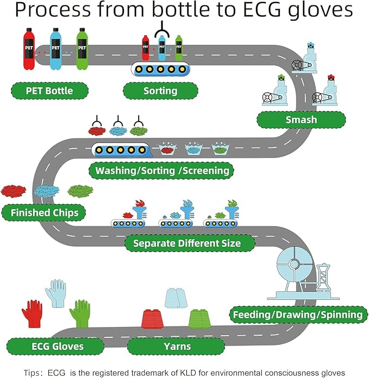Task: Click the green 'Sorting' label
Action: coord(160,90)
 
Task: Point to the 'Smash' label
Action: coord(301,119)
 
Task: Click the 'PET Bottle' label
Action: coord(49,90)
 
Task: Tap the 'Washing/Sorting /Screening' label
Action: coord(162,171)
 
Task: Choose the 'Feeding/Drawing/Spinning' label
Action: coord(297,315)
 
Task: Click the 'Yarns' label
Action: coord(176,346)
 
